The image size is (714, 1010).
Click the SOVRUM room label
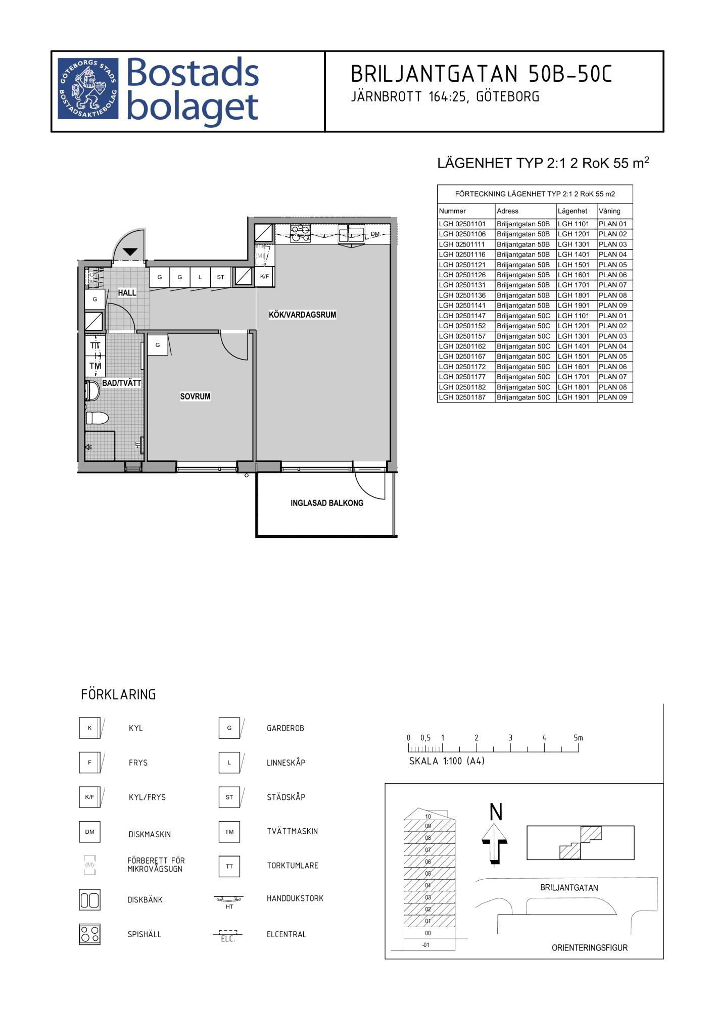coord(195,396)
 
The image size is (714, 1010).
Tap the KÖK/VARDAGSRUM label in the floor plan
coord(302,315)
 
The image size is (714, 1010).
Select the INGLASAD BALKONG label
coord(327,503)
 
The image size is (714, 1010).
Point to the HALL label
coord(127,292)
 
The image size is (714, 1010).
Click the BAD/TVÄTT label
coord(121,383)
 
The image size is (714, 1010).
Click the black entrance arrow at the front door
coord(130,251)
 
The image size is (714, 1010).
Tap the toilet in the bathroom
coord(97,418)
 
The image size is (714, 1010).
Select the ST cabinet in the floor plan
coord(220,277)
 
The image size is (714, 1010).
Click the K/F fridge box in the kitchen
coord(264,277)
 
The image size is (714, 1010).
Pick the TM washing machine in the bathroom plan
coord(95,366)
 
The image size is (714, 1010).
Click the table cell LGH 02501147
coord(462,316)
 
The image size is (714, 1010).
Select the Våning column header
coord(609,211)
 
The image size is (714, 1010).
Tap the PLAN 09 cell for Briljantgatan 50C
coord(612,397)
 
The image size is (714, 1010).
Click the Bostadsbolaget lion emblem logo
coord(88,88)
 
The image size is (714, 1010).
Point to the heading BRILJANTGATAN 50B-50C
coord(481,74)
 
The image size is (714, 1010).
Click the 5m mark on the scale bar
coord(578,738)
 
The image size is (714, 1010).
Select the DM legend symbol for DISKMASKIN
coord(89,832)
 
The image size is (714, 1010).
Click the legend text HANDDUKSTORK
coord(295,898)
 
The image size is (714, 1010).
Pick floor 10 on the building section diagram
coord(428,816)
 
